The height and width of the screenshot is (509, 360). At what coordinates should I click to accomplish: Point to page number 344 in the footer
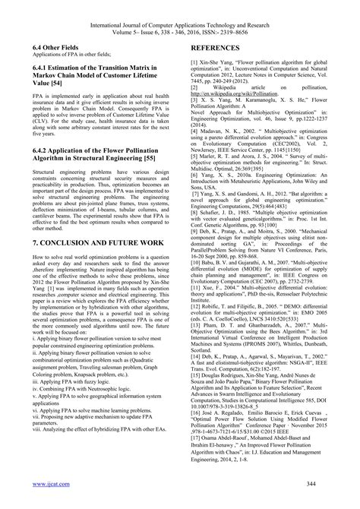[317, 482]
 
